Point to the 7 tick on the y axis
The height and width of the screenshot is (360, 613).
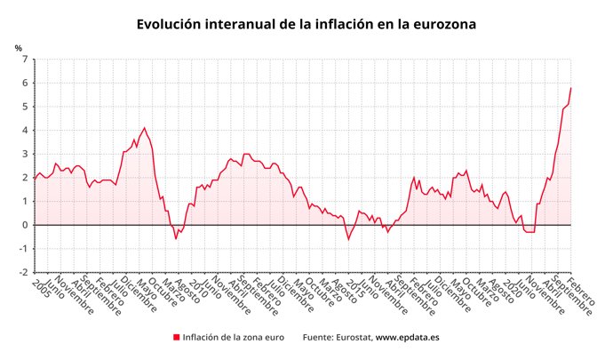pos(24,60)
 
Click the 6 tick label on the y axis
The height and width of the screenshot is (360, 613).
pos(24,83)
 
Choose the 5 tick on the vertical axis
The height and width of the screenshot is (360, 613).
pos(24,107)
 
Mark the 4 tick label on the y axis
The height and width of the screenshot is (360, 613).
pos(24,130)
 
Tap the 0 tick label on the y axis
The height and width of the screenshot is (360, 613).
pos(24,224)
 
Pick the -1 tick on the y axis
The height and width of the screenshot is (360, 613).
pos(22,248)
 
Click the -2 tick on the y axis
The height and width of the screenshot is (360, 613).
pos(22,271)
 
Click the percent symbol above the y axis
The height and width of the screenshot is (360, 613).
pos(18,48)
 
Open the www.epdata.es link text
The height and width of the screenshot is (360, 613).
pos(408,338)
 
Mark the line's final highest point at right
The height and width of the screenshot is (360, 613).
pos(570,88)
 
